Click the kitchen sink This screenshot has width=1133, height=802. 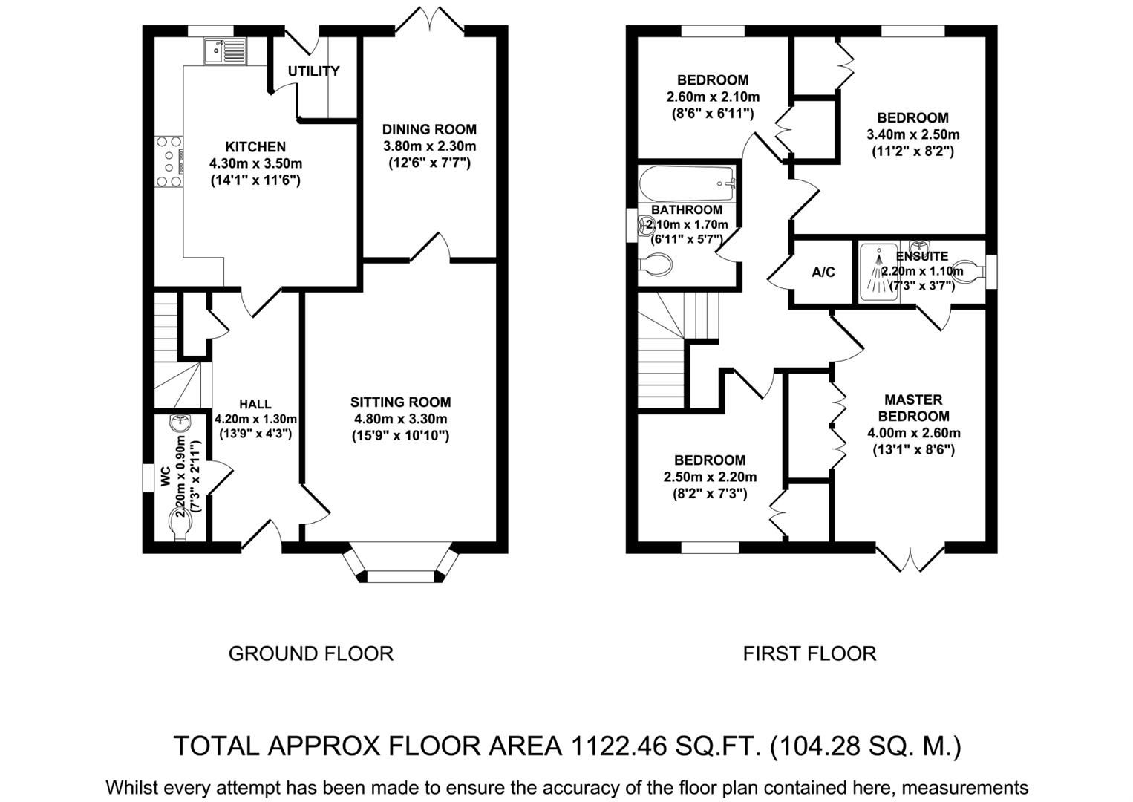pos(224,50)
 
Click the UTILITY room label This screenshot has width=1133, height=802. pos(313,71)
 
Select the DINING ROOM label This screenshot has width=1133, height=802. pos(429,129)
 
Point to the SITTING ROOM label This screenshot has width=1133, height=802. pos(400,402)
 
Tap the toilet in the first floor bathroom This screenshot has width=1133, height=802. pos(655,265)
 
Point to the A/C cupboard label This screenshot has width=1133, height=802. pos(823,273)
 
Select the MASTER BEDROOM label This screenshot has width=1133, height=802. pos(913,408)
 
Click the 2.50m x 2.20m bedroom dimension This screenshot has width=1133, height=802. pos(710,477)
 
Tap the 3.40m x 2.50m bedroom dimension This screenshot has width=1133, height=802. pos(912,134)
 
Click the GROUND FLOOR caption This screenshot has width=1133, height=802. pos(310,653)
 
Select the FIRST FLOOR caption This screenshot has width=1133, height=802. pos(809,653)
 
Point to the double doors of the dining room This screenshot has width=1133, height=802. pos(430,19)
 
